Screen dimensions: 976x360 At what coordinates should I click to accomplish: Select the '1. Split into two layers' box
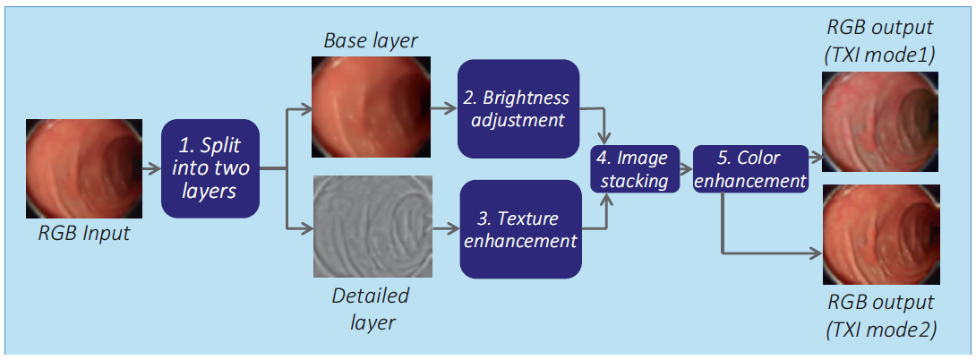pos(210,168)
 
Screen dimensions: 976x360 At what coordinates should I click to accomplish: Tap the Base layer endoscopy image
pos(371,108)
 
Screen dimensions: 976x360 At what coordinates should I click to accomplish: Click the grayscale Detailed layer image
pos(372,226)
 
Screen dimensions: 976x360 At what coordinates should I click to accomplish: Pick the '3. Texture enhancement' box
pos(521,228)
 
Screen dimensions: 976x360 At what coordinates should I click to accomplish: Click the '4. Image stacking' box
pos(632,168)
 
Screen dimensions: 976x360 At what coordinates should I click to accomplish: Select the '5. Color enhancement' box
pos(750,168)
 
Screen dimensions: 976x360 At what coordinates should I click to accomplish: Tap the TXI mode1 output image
pos(880,121)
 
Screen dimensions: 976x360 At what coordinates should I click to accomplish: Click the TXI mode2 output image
pos(881,235)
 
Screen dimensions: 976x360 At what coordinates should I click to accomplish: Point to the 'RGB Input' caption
pos(84,234)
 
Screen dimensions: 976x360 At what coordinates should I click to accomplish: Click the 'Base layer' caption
pos(371,42)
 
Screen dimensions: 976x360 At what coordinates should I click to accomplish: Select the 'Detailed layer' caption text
pos(371,308)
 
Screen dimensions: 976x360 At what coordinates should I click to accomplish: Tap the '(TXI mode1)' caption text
pos(880,56)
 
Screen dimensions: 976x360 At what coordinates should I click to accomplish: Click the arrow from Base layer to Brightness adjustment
pos(444,108)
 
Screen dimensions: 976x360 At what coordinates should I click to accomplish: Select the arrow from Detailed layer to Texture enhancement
pos(446,228)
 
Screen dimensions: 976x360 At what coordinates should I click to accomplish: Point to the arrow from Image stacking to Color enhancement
pos(683,168)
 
